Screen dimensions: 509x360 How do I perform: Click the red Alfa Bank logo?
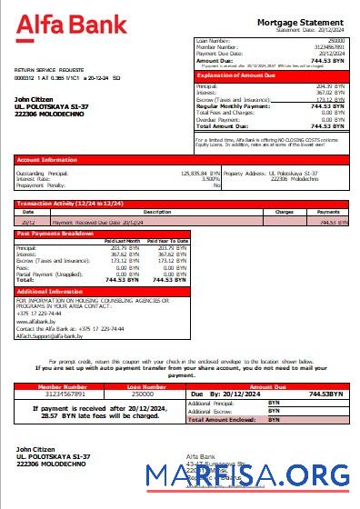(72, 25)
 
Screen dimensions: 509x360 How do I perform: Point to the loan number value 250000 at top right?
(336, 41)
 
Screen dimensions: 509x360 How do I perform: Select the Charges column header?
(284, 212)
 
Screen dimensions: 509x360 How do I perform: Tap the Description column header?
(156, 212)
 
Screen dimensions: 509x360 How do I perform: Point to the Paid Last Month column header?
(122, 241)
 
